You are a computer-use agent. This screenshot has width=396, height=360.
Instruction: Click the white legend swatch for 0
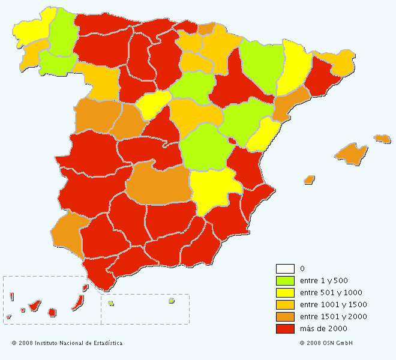[285, 268]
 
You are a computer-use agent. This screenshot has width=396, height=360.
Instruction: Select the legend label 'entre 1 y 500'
[324, 280]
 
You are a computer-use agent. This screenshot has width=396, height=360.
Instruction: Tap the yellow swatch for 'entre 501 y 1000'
[285, 292]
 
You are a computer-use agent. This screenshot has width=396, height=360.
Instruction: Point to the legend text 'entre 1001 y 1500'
[333, 304]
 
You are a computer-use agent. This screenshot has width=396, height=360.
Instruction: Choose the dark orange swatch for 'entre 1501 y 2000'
[285, 316]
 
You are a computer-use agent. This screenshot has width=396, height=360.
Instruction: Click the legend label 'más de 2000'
[323, 328]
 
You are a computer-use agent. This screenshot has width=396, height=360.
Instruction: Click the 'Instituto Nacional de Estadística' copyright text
[67, 343]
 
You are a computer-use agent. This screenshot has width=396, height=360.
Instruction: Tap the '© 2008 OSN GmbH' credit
[326, 343]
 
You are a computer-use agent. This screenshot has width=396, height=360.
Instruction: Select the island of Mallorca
[350, 154]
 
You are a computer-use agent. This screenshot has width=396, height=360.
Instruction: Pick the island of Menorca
[382, 139]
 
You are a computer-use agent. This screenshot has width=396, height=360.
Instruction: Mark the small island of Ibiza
[309, 179]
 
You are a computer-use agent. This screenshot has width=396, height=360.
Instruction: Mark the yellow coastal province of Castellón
[263, 136]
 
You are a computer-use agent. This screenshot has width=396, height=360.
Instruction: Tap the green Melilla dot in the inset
[171, 301]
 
